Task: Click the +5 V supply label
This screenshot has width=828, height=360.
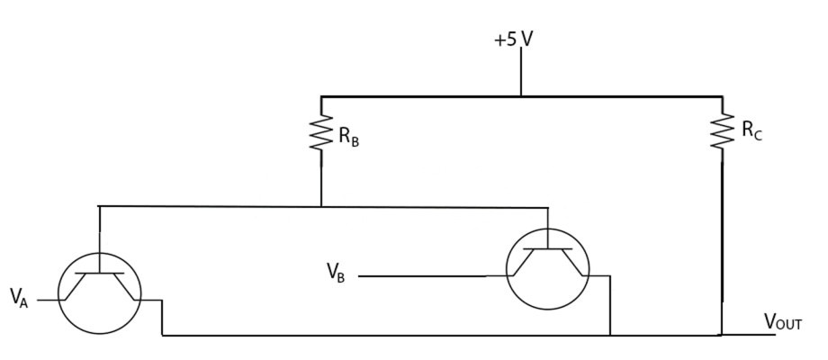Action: tap(513, 40)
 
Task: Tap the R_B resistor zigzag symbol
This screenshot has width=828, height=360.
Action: tap(321, 132)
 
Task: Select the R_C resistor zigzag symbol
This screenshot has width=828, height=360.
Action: tap(722, 130)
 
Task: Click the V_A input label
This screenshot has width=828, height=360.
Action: tap(19, 299)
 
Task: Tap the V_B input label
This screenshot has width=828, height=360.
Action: tap(336, 273)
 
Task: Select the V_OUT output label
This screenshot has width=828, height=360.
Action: tap(783, 322)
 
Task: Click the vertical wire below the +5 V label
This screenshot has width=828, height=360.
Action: tap(521, 72)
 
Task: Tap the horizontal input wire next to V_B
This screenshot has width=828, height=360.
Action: tap(422, 276)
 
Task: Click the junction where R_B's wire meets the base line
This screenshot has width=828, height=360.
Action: tap(321, 206)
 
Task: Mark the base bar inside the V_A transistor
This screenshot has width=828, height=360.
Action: tap(99, 274)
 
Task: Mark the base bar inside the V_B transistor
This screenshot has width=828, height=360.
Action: tap(547, 248)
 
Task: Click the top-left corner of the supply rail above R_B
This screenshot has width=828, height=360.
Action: tap(321, 96)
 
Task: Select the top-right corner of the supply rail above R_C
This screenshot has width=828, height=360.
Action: tap(722, 96)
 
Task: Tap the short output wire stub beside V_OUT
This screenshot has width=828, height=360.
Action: tap(749, 335)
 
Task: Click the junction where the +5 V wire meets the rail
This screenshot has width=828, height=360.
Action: tap(521, 96)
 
